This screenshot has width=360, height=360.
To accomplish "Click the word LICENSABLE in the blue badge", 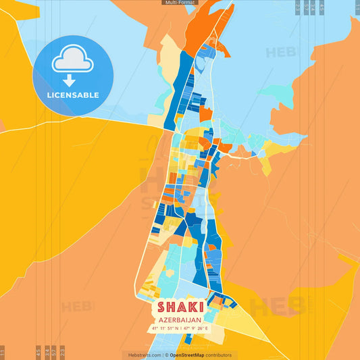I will [73, 95].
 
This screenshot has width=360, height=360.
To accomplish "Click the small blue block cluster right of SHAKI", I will [220, 300].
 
